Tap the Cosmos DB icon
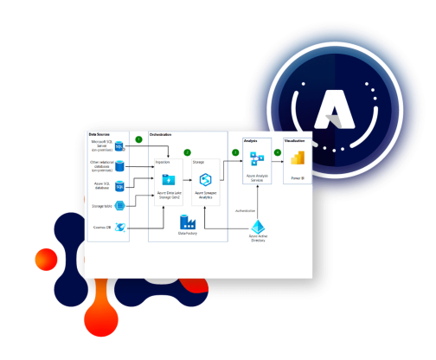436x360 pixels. coord(121,228)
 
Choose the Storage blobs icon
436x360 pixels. coord(121,206)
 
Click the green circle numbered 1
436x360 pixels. coord(138,139)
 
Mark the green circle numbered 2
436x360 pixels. coord(187,153)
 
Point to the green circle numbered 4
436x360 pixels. coord(278,153)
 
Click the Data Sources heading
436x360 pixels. coord(99,134)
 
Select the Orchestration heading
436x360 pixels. coord(161,134)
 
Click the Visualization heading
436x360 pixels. coord(295,139)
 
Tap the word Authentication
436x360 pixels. coord(246,210)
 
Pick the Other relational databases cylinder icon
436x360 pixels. coord(120,165)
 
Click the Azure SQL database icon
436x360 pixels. coord(120,186)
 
